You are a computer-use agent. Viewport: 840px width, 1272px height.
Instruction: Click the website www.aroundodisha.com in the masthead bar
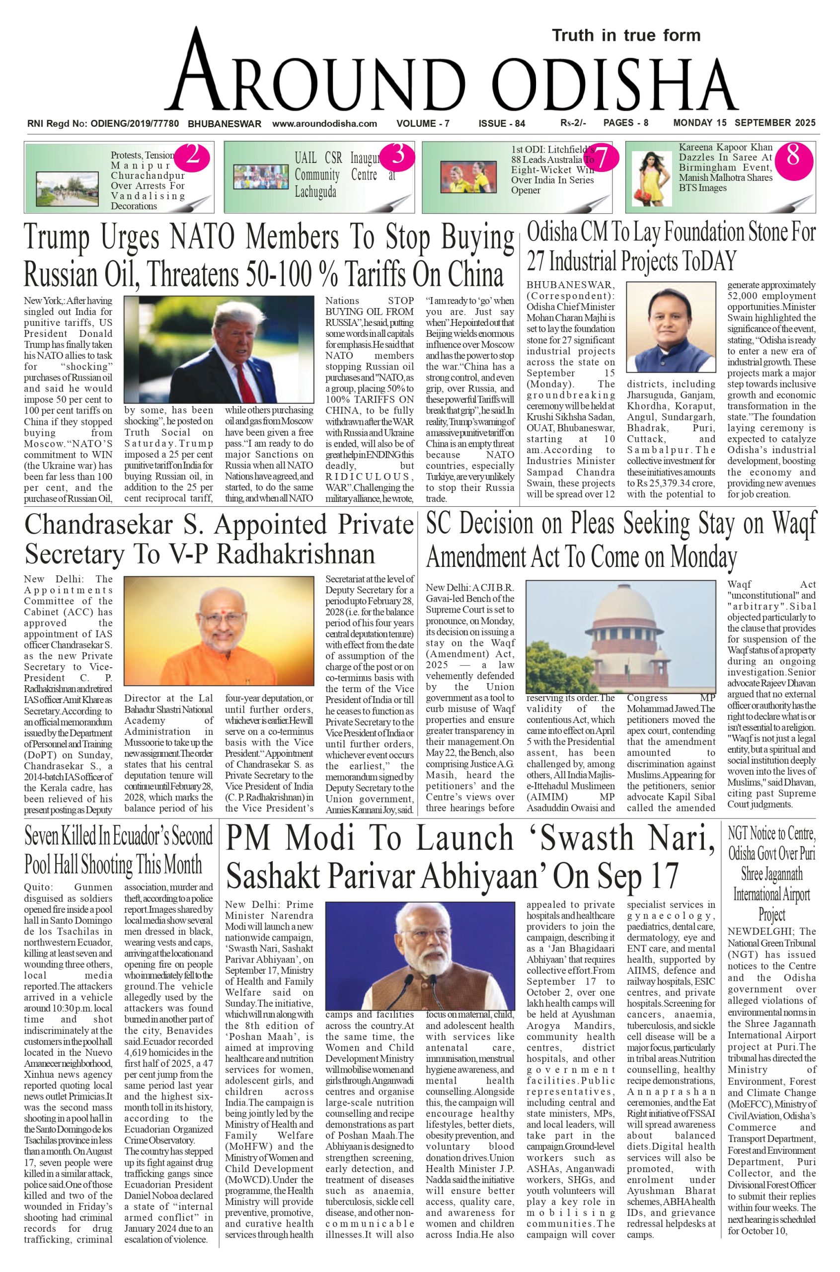click(325, 124)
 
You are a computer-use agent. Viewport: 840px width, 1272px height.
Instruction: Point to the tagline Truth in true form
click(626, 35)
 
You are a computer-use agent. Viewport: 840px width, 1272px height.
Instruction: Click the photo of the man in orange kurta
click(219, 631)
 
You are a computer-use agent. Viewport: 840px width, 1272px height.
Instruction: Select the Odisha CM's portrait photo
click(671, 327)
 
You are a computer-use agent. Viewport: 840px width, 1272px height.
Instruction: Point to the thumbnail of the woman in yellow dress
click(651, 178)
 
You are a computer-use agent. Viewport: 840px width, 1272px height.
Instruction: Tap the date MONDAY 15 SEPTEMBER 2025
click(744, 123)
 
